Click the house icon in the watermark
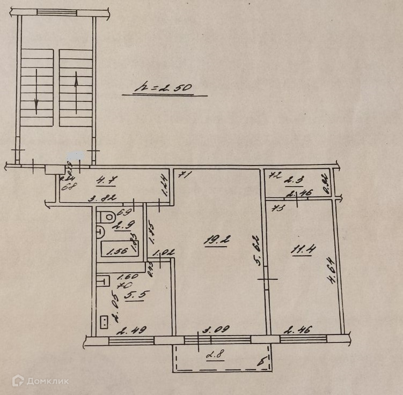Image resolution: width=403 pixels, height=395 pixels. pos(17,381)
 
